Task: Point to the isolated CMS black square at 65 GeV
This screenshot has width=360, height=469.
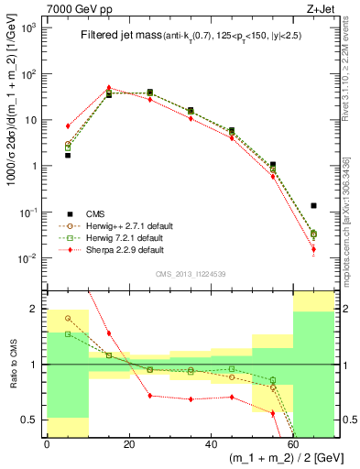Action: pos(313,205)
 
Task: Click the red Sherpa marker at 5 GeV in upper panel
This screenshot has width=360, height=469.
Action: pos(68,125)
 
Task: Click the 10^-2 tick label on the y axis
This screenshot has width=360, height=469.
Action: pos(28,258)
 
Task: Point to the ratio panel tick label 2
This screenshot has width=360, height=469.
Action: pos(36,309)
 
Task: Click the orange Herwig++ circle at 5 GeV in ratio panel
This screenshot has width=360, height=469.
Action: pos(68,318)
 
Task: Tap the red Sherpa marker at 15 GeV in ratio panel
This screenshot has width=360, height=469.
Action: pos(108,333)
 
